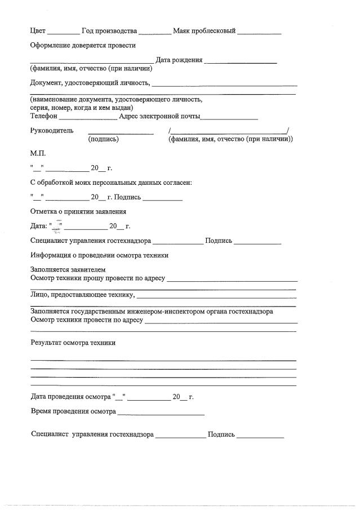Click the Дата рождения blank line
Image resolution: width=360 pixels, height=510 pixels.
pyautogui.click(x=241, y=61)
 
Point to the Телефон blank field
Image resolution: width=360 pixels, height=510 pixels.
pyautogui.click(x=88, y=118)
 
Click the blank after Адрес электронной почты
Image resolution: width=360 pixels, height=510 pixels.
pyautogui.click(x=229, y=118)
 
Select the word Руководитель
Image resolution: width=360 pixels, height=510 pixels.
pyautogui.click(x=51, y=131)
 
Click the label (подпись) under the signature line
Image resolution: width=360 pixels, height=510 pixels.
pyautogui.click(x=104, y=139)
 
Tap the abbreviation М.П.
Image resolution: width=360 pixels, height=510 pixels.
pyautogui.click(x=38, y=153)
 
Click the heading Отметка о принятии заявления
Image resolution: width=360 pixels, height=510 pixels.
pyautogui.click(x=78, y=211)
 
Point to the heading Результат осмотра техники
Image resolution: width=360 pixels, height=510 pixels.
pyautogui.click(x=73, y=343)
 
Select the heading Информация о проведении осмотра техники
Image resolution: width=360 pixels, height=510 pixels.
pyautogui.click(x=99, y=255)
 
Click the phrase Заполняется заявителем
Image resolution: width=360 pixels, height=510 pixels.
pyautogui.click(x=68, y=270)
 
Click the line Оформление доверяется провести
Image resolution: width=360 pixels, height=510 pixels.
pyautogui.click(x=82, y=45)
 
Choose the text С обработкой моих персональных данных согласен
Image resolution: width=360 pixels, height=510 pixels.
pyautogui.click(x=111, y=183)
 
